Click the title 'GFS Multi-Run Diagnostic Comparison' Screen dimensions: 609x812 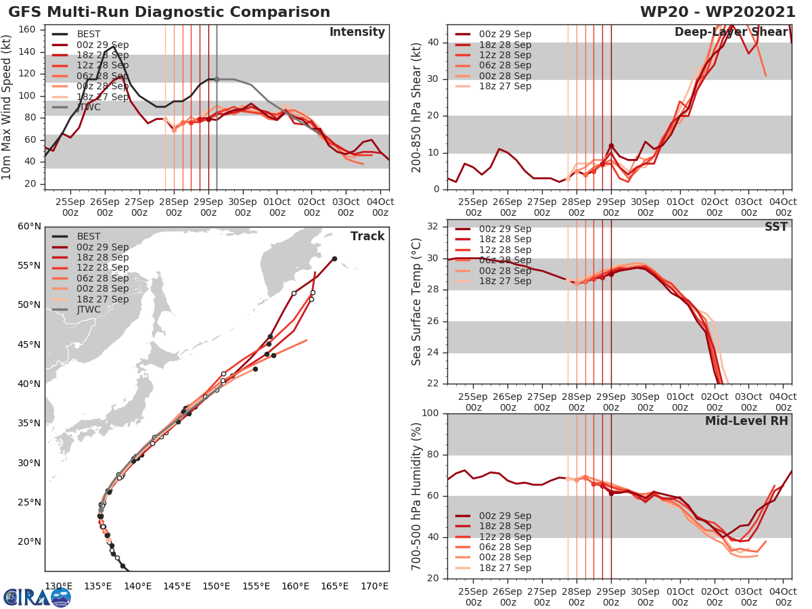click(x=169, y=12)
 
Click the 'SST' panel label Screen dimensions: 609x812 click(x=775, y=227)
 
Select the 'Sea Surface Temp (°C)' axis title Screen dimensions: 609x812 click(x=418, y=301)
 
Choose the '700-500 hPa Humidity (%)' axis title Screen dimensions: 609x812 click(x=418, y=496)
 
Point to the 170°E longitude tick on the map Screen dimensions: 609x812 click(x=374, y=586)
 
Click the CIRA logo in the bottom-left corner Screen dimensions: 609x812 click(x=37, y=597)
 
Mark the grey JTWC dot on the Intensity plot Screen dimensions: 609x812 click(x=217, y=79)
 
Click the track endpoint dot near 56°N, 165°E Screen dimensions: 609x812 click(x=334, y=258)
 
